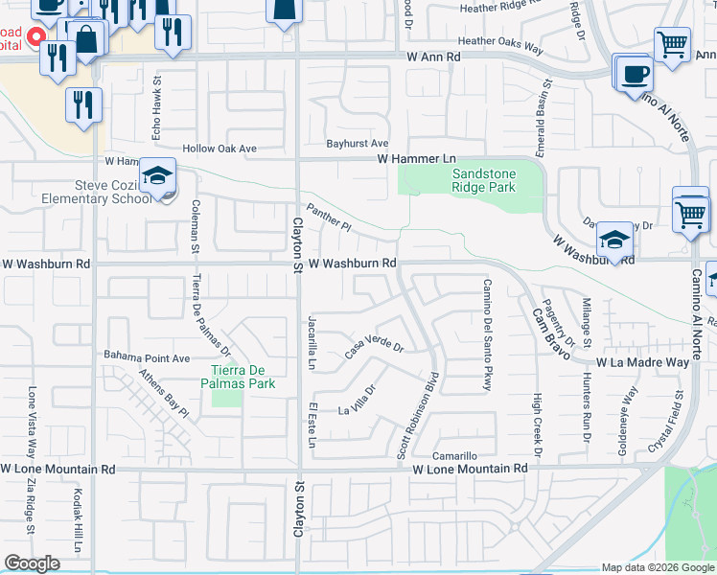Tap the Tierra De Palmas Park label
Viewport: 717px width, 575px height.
[243, 378]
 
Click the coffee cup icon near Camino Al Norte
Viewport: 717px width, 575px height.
[634, 74]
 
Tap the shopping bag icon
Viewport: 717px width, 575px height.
[86, 39]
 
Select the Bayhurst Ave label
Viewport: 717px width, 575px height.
[357, 143]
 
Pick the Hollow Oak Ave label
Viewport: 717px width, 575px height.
[220, 149]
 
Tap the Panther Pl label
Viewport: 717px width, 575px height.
[330, 218]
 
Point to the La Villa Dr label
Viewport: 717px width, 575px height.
[359, 401]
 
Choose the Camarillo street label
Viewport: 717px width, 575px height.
[453, 456]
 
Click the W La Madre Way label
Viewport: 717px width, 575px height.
[642, 363]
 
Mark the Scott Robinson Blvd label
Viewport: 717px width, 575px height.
[418, 414]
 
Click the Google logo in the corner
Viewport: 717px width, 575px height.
[33, 563]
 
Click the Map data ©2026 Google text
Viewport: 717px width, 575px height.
[657, 567]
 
